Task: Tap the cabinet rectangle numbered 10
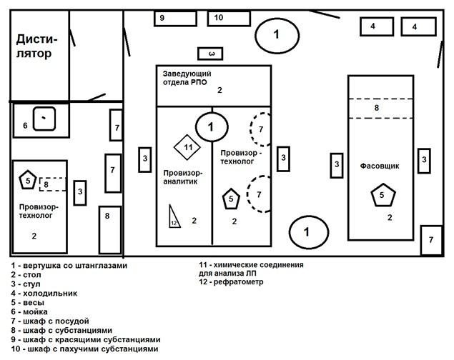(x=227, y=18)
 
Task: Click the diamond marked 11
(x=188, y=147)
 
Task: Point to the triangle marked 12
(x=173, y=216)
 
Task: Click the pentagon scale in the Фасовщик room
(x=382, y=194)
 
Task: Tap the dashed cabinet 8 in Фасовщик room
(x=381, y=108)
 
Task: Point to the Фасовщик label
(x=380, y=166)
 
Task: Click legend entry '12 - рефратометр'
(x=232, y=282)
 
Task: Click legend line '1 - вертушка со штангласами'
(x=69, y=266)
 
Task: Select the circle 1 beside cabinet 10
(x=277, y=34)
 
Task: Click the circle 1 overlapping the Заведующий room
(x=210, y=126)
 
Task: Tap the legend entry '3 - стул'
(x=28, y=284)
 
